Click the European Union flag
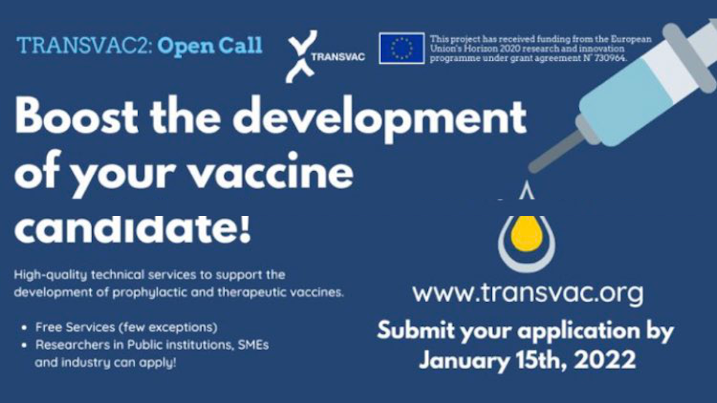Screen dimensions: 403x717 point(402,48)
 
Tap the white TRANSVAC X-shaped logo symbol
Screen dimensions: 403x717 point(299,57)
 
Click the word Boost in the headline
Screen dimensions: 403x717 point(75,119)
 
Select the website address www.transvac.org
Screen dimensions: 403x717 point(528,293)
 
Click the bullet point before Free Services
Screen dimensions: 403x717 point(23,328)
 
